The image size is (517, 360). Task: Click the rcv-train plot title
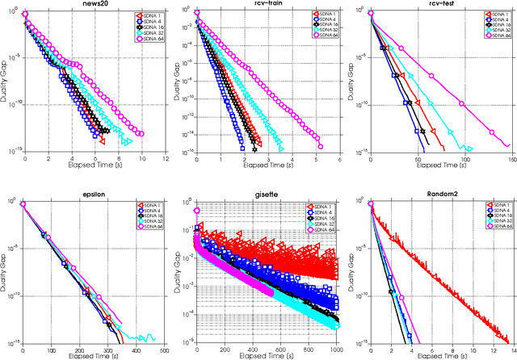click(x=256, y=5)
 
